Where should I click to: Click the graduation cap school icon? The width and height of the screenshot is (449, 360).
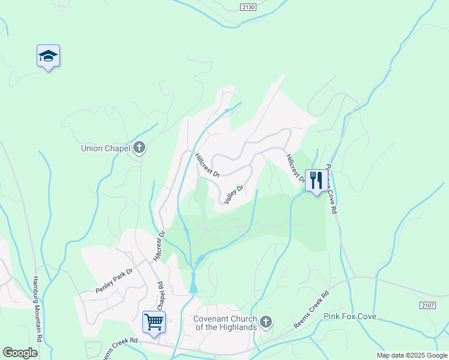[48, 56]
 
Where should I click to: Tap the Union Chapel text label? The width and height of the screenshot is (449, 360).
[106, 148]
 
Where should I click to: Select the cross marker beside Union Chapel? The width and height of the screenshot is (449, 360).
[139, 148]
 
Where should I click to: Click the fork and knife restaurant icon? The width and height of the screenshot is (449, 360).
[316, 180]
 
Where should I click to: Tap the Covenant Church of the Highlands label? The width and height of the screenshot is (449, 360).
[225, 323]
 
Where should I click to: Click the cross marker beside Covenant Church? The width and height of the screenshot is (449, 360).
[266, 323]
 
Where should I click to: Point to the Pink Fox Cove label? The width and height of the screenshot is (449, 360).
[349, 316]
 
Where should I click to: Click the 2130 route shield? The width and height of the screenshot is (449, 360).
[248, 7]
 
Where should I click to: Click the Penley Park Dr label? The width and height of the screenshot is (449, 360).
[113, 281]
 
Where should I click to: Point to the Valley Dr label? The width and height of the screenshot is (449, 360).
[234, 195]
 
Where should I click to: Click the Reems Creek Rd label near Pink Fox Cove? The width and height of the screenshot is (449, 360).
[312, 310]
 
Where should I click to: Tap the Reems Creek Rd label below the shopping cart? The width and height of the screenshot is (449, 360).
[119, 346]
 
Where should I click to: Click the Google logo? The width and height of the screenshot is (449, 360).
[20, 353]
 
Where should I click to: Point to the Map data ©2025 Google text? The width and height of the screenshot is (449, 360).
[412, 355]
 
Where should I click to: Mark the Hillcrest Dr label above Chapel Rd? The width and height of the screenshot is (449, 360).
[158, 246]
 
